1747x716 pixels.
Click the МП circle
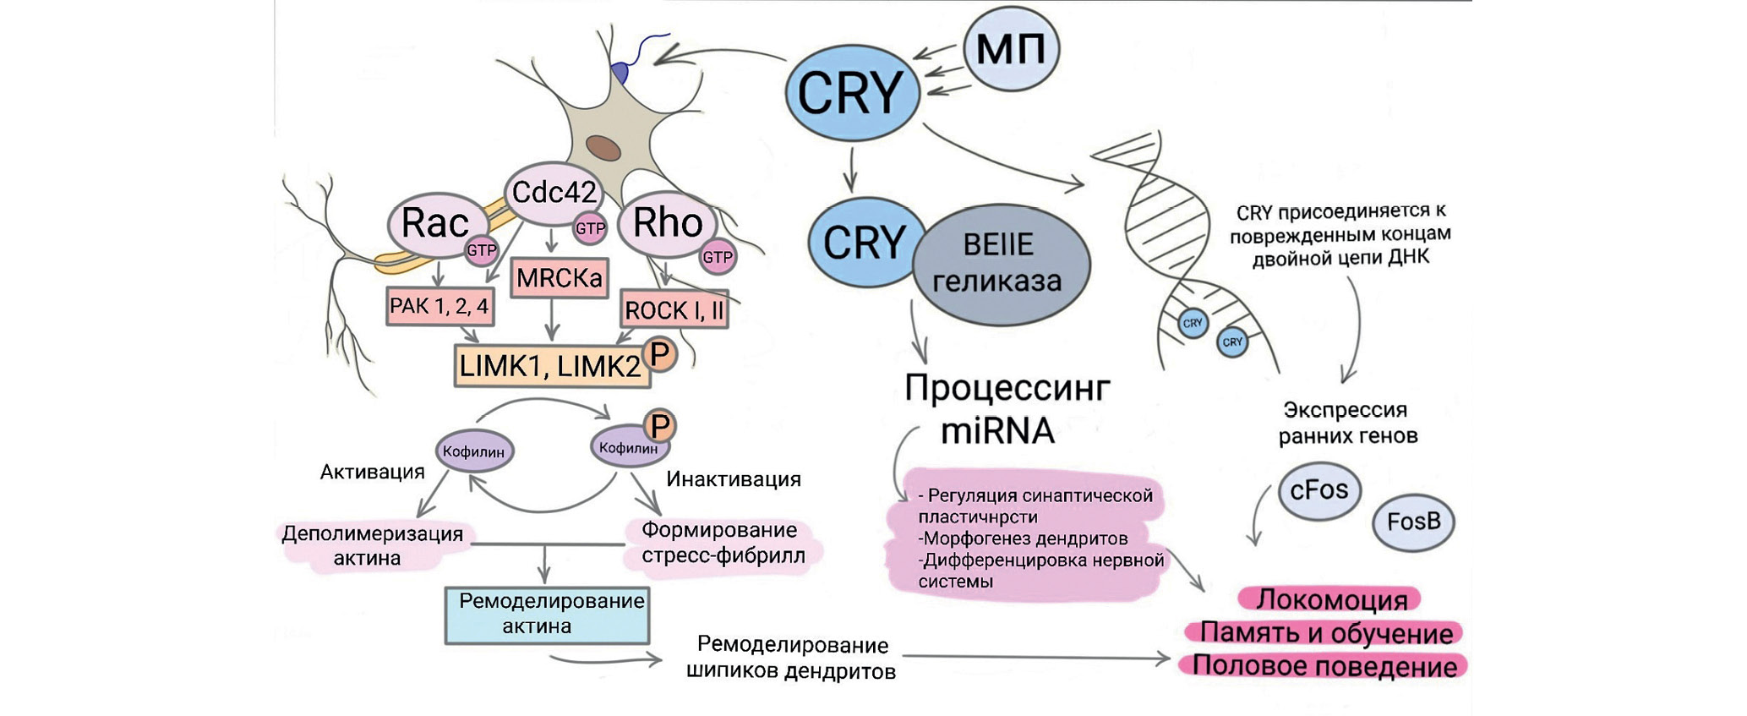[x=1011, y=49]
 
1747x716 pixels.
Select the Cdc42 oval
[x=554, y=193]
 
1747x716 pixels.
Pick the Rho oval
[x=667, y=223]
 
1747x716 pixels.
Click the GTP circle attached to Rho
[x=718, y=257]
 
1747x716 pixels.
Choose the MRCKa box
[x=560, y=278]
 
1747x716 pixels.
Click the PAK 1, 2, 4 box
[x=439, y=306]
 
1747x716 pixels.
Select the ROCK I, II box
[x=674, y=310]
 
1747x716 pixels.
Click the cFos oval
[x=1319, y=490]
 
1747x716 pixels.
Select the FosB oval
[x=1413, y=522]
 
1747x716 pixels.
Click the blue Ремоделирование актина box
[x=547, y=615]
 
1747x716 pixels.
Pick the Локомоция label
[x=1330, y=599]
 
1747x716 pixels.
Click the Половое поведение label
[x=1324, y=666]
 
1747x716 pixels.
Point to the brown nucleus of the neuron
[x=603, y=148]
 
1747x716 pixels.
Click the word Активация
[x=372, y=472]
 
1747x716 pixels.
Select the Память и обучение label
[x=1326, y=632]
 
